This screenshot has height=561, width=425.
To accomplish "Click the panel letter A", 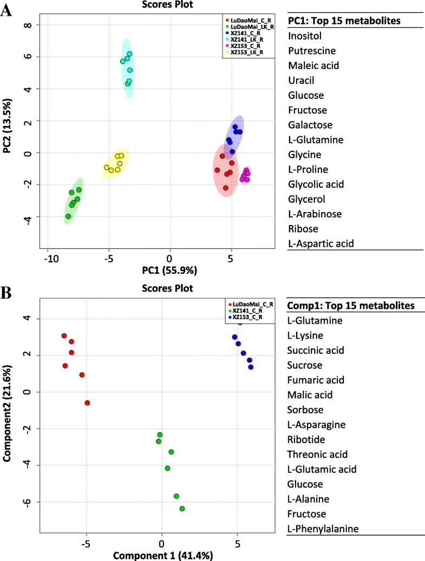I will [x=7, y=11].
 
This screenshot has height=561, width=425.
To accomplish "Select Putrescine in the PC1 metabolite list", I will [x=312, y=51].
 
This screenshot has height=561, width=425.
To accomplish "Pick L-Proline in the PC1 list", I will [x=308, y=169].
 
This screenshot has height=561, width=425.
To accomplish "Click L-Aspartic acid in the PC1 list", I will [x=321, y=243].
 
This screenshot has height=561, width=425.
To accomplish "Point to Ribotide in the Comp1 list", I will [x=305, y=439].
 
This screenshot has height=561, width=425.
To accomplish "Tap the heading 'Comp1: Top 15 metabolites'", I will [x=351, y=306].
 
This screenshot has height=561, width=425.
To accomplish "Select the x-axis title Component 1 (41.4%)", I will [x=162, y=555].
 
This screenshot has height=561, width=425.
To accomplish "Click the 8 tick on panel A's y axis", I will [x=31, y=25].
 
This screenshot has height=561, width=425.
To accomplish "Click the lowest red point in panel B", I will [x=87, y=402].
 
